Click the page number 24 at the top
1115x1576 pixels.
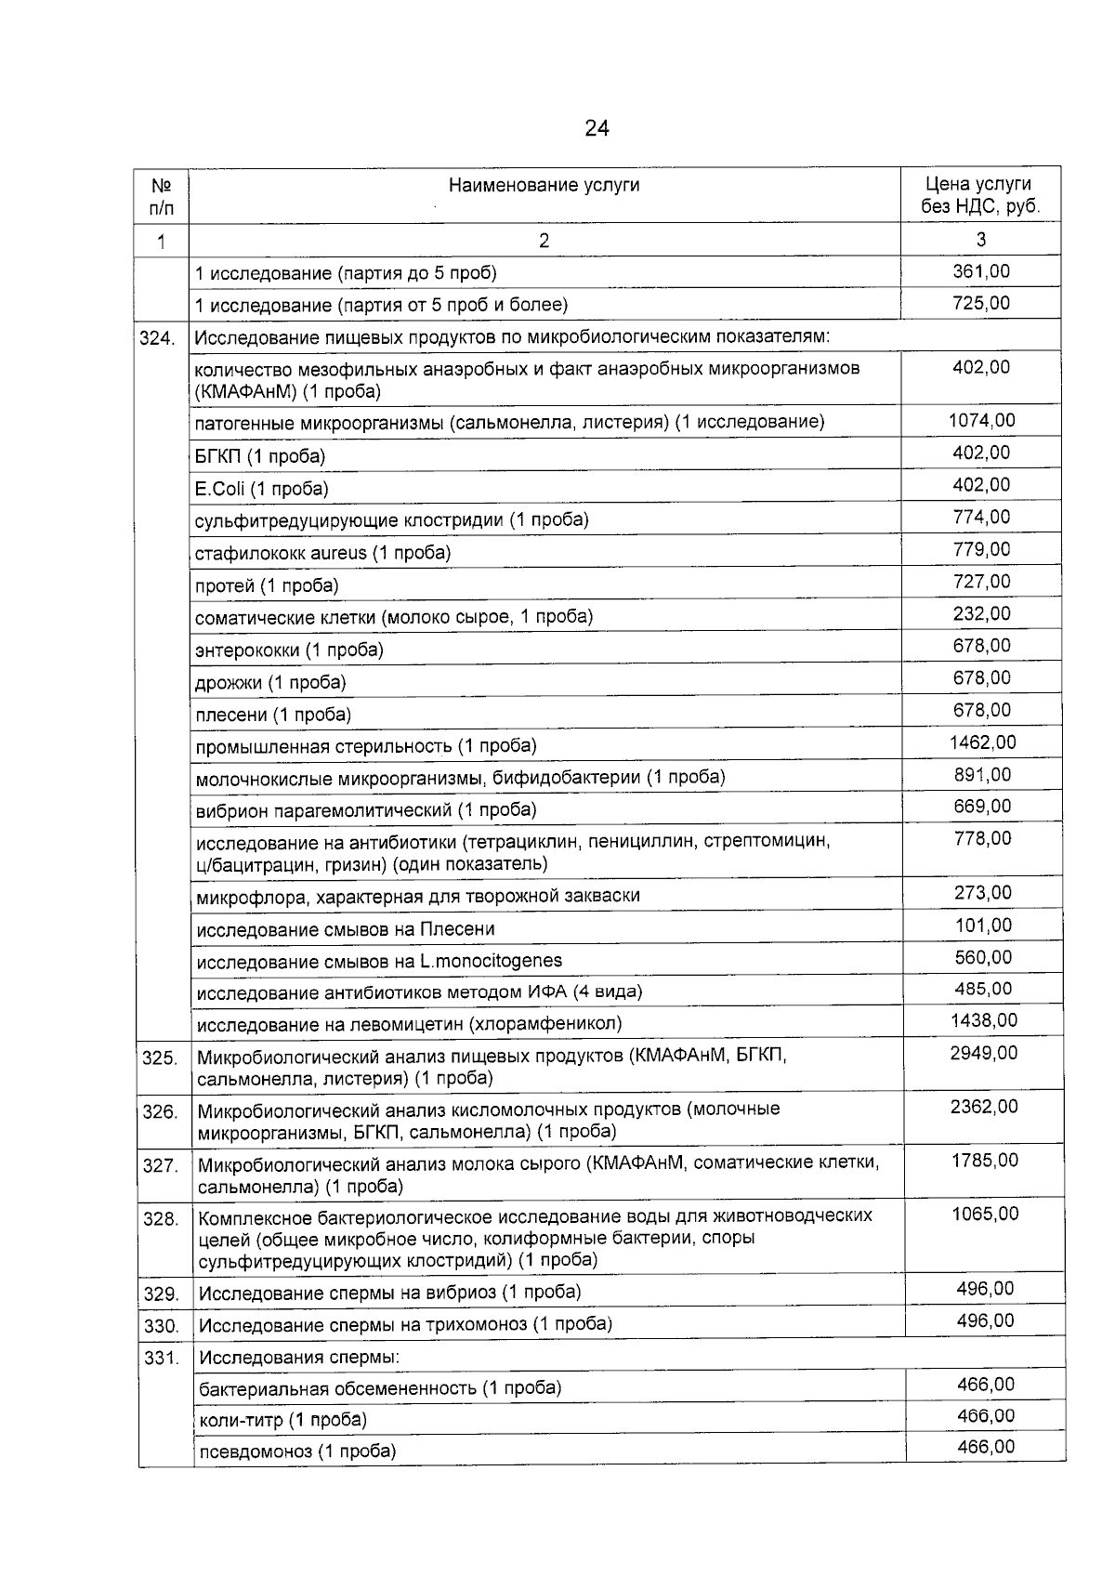pos(597,128)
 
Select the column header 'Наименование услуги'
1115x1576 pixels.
pos(544,185)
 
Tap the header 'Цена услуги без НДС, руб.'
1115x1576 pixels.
pos(980,195)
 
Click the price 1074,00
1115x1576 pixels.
pos(981,421)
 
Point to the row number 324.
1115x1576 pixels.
pos(157,338)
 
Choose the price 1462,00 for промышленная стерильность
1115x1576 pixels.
pos(982,742)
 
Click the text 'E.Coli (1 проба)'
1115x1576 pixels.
pos(261,489)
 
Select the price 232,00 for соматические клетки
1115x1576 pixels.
pos(981,614)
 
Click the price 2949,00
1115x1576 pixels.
pos(983,1054)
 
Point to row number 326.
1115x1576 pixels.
pos(160,1111)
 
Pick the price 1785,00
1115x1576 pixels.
pos(984,1161)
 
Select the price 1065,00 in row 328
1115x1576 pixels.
pos(984,1215)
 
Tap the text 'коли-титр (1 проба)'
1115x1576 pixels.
pos(282,1420)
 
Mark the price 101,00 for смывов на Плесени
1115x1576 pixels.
pos(983,926)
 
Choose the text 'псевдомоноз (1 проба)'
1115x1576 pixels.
pos(297,1451)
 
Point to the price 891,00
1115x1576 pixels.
pos(982,775)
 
